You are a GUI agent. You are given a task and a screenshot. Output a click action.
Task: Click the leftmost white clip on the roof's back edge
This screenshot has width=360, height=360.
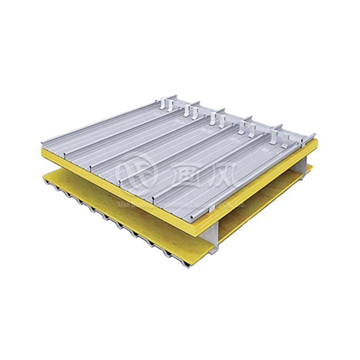coord(164,104)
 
